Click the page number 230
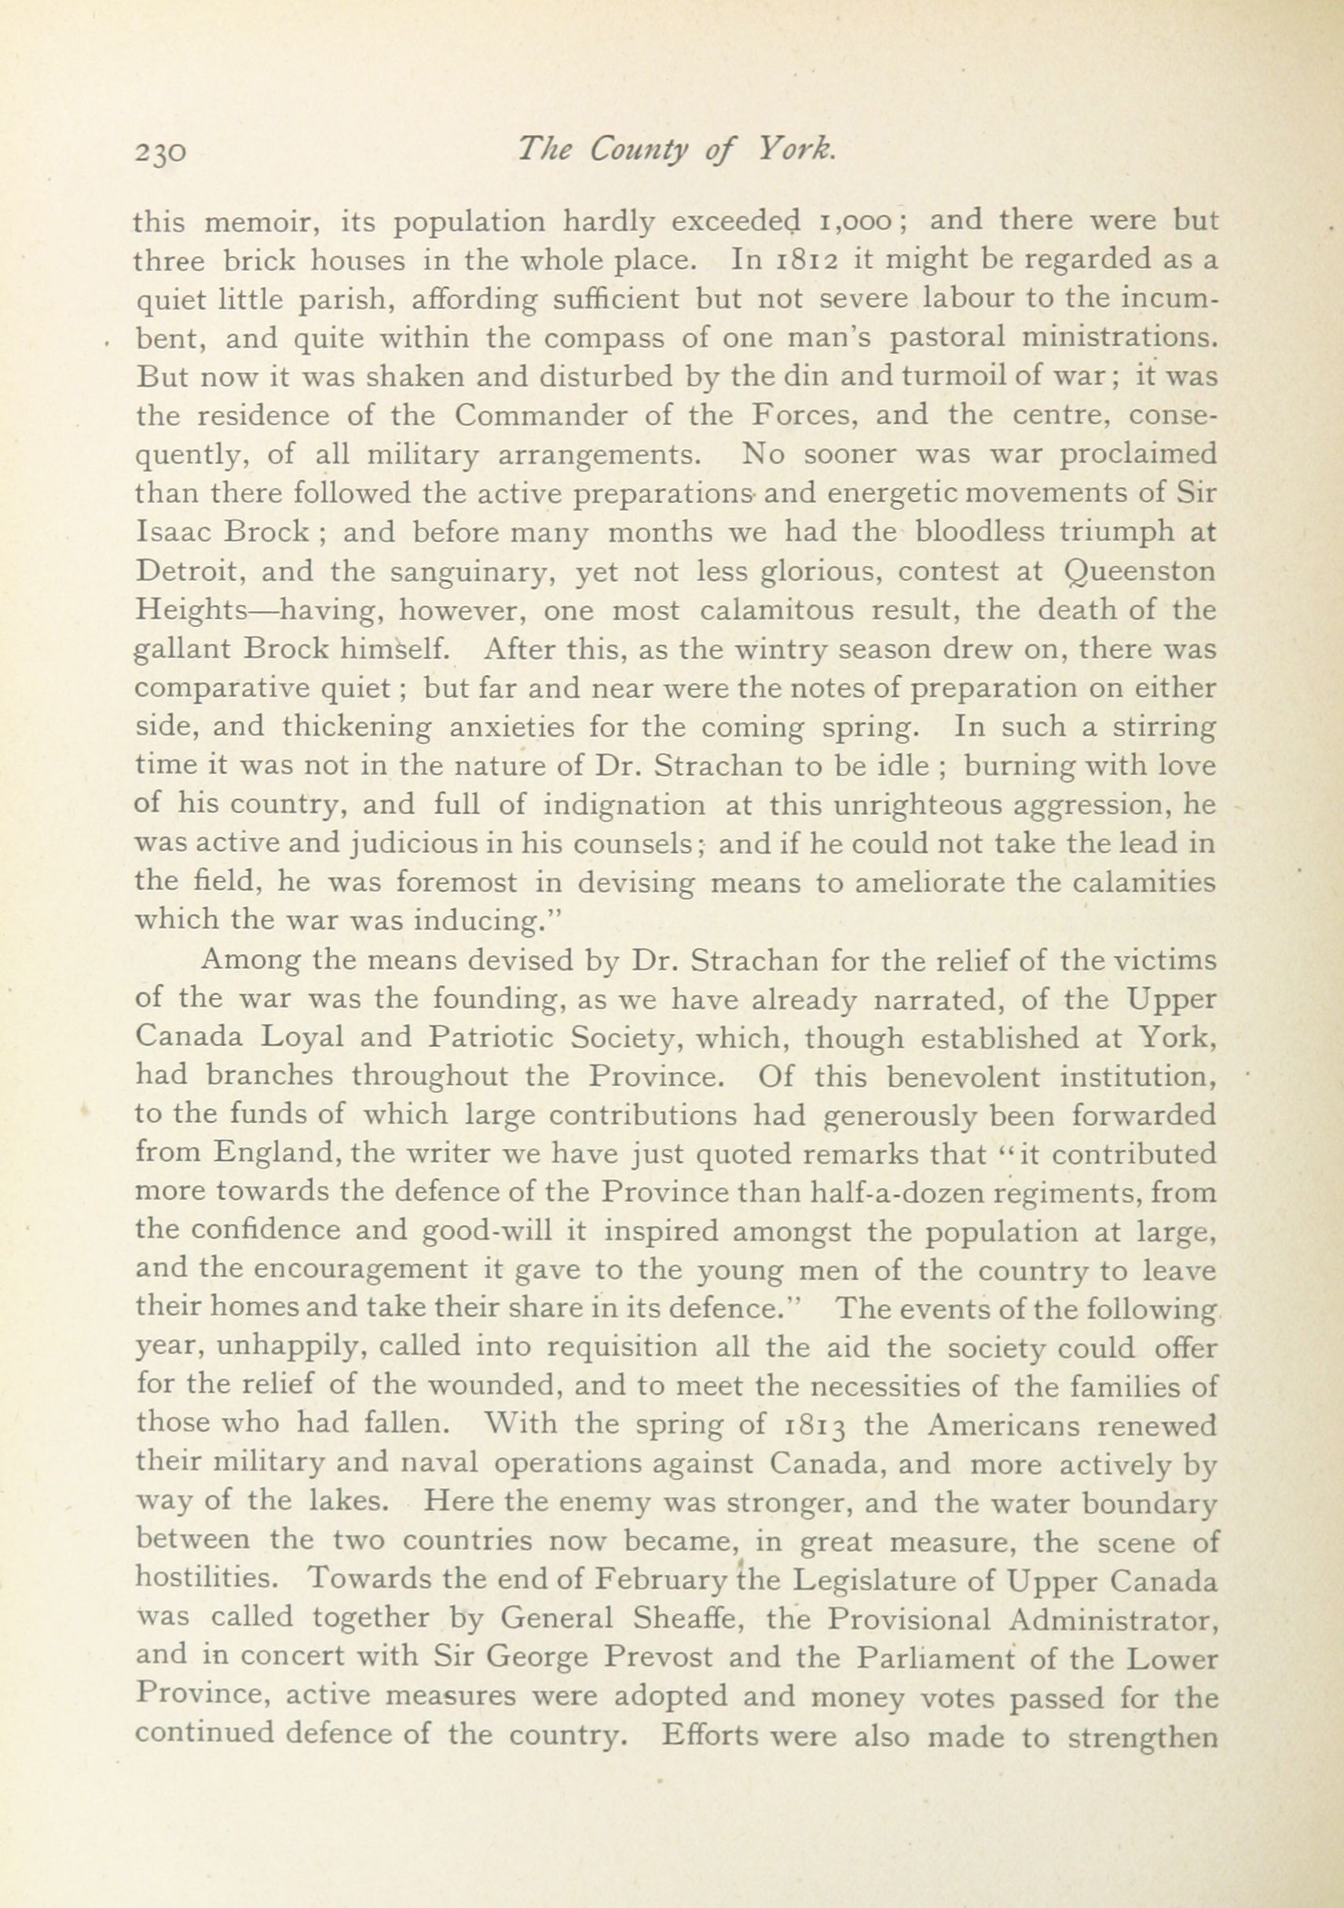(x=159, y=153)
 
